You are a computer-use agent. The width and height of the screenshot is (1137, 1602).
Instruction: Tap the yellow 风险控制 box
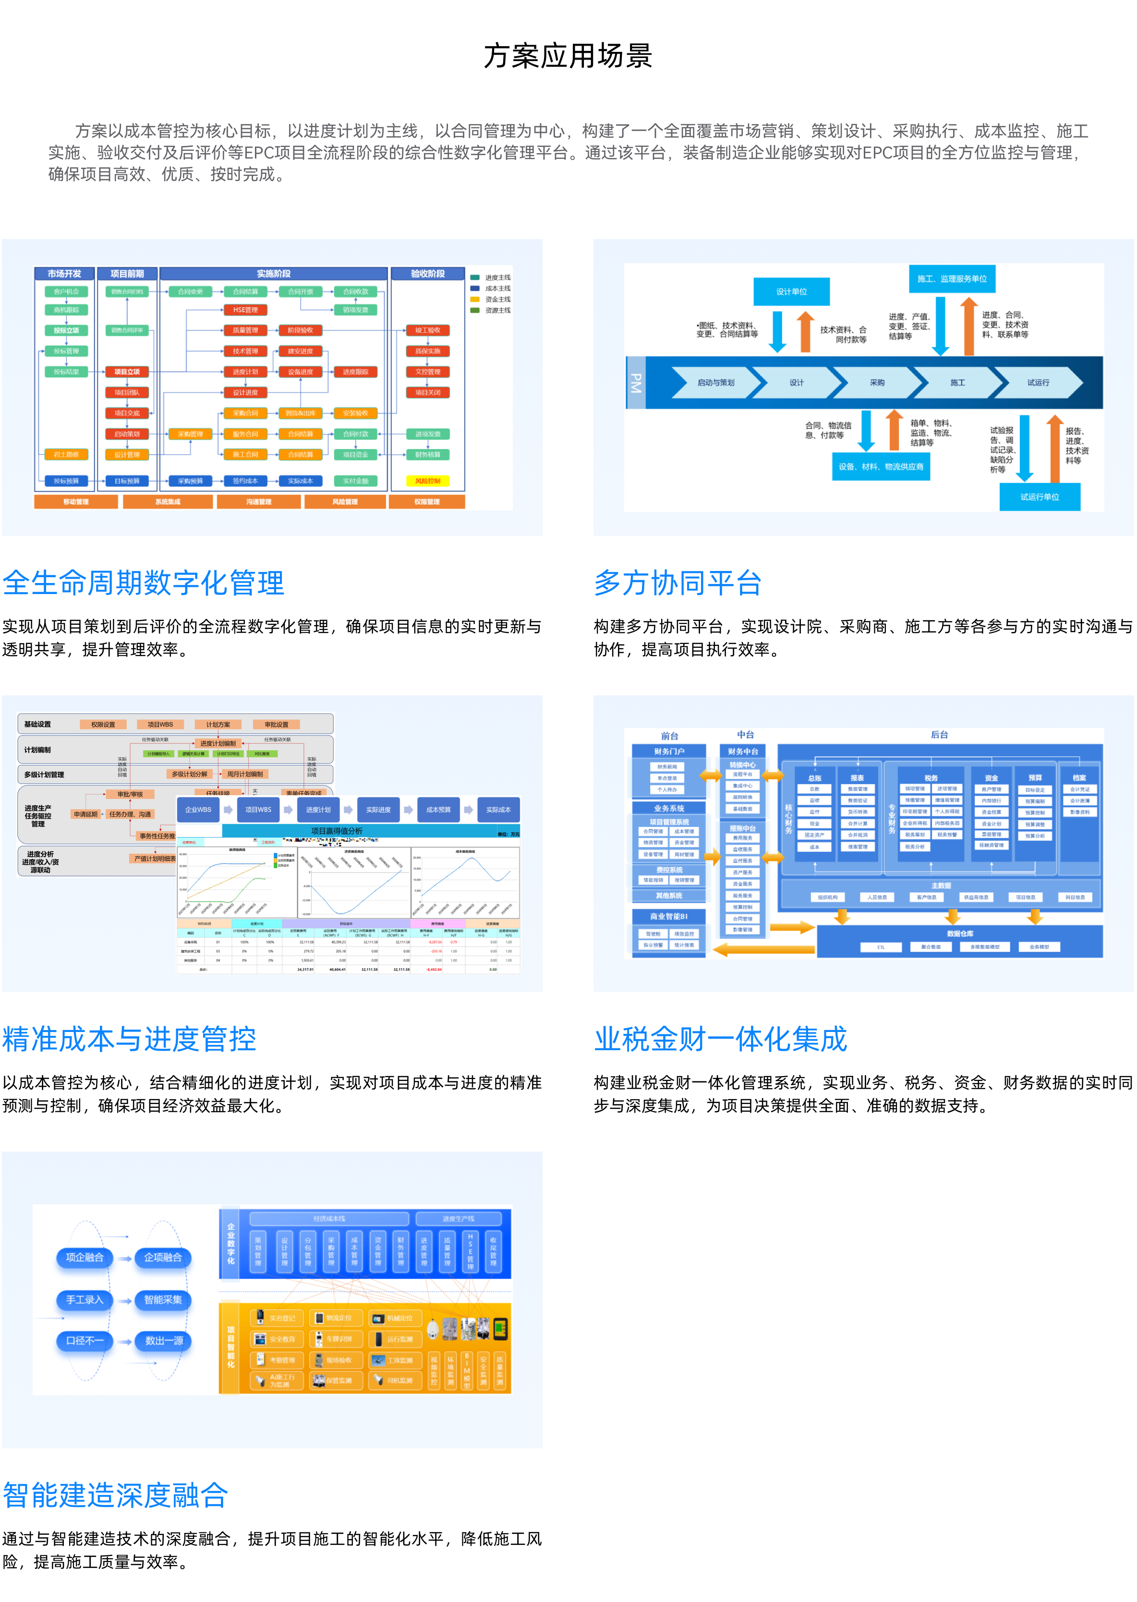pos(428,481)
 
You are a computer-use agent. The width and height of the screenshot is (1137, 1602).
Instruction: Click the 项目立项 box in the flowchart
pos(127,372)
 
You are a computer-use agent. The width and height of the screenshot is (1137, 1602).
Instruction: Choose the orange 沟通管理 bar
pos(258,502)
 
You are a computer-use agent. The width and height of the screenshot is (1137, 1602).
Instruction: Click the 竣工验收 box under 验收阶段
pos(428,330)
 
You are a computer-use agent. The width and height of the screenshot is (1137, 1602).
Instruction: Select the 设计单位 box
pos(791,291)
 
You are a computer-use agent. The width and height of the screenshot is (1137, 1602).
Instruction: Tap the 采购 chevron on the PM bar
pos(877,382)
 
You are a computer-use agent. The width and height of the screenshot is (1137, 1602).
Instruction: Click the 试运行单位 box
pos(1039,497)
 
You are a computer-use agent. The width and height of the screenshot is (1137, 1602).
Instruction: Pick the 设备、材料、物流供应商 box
pos(881,466)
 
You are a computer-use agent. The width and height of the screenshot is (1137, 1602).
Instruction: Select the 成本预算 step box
pos(438,809)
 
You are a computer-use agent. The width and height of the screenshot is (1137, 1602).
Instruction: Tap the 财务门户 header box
pos(669,751)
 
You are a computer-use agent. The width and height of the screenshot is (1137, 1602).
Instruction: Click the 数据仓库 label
pos(960,934)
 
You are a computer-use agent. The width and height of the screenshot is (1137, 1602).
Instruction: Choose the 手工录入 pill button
pos(84,1299)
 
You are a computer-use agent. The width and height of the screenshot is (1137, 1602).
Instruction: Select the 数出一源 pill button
pos(164,1340)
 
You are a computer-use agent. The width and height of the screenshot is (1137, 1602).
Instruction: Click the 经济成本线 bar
pos(329,1218)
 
